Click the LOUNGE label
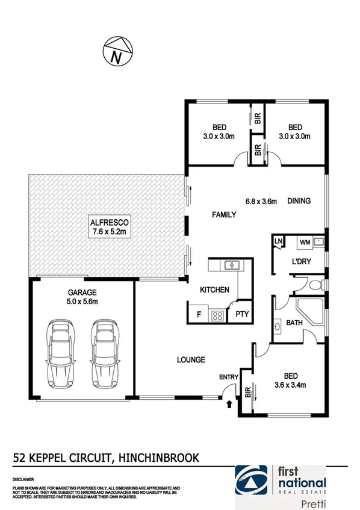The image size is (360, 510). (191, 360)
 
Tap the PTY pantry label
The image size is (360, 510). (242, 314)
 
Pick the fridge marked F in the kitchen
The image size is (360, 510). (198, 314)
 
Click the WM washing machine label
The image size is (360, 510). (305, 243)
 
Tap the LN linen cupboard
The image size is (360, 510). (279, 242)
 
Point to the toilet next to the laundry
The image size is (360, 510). (315, 284)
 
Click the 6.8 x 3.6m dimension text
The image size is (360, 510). (261, 201)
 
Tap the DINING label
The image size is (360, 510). (299, 201)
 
